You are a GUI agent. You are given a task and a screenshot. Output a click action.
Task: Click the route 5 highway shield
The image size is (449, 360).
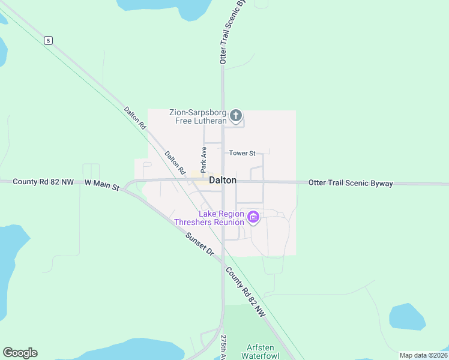[x=48, y=41]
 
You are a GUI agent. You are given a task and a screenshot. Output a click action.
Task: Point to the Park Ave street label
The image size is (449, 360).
[x=203, y=158]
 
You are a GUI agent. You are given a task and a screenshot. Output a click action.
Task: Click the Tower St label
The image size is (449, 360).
[x=242, y=153]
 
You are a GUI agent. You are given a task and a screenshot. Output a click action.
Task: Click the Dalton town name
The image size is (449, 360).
[x=222, y=180]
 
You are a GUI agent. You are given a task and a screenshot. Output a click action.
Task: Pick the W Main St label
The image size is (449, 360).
[x=102, y=185]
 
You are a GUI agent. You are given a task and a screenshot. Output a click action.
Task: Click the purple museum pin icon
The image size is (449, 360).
[x=253, y=217]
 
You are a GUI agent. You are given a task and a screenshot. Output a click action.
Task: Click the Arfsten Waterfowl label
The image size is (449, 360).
[x=261, y=352]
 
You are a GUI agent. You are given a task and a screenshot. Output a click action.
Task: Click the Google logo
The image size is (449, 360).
[x=20, y=353]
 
